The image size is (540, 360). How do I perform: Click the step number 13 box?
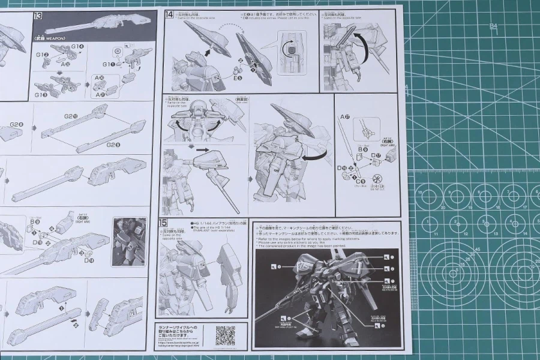point(38,15)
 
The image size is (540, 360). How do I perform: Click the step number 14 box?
point(169,14)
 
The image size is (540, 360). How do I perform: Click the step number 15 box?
point(163,223)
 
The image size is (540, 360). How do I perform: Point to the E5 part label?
point(238,77)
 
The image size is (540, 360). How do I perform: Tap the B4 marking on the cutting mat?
point(494,26)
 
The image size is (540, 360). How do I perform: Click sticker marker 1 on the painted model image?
point(386,257)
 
